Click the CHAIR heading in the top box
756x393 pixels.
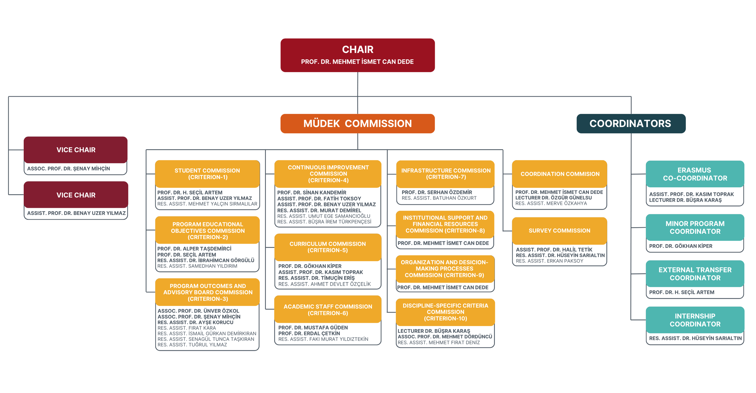358,49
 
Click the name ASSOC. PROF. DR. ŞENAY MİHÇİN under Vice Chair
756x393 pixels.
68,169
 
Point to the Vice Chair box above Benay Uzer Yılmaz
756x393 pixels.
76,195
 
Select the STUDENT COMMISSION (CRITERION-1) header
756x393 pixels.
207,174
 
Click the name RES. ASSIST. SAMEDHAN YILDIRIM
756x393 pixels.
197,266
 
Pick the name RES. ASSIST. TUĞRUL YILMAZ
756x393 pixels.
192,345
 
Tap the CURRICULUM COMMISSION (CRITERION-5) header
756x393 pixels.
328,247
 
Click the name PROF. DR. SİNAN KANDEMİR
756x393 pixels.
312,193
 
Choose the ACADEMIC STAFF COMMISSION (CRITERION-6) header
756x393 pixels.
328,310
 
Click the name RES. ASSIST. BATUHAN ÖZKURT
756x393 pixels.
439,198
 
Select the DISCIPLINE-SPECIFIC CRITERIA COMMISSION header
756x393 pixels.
445,312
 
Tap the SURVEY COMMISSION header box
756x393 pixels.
559,231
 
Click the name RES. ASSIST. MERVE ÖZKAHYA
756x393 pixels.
551,203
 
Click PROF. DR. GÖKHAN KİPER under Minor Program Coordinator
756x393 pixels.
680,246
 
